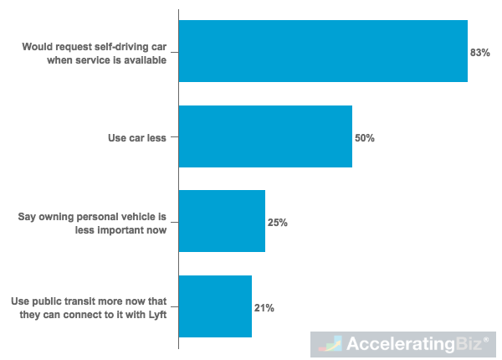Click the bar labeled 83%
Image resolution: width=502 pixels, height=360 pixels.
point(323,51)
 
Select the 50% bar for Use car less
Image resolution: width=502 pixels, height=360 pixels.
point(265,136)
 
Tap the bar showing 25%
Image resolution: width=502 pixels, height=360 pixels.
point(222,221)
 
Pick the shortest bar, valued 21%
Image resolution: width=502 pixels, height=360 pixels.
point(215,306)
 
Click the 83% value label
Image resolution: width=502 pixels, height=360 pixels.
point(479,53)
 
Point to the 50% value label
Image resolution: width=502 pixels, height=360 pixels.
point(364,137)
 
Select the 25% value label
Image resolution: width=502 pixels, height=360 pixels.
point(278,223)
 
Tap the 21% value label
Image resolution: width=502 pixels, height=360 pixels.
point(264,308)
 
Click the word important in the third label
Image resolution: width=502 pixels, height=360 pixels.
point(116,229)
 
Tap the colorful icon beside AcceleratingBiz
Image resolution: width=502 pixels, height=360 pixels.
point(332,345)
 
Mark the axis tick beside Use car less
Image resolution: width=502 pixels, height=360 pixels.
point(175,137)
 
